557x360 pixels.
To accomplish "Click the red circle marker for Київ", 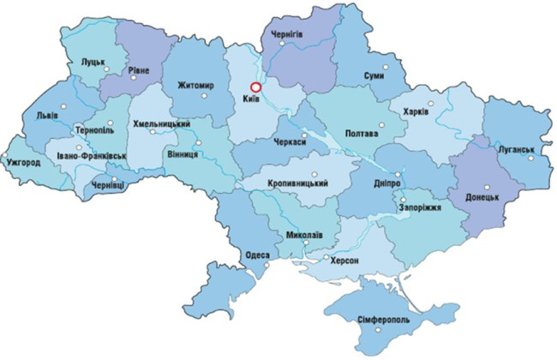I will point(255,87).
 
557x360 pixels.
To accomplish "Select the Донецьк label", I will point(482,198).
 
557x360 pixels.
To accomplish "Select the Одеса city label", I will point(256,255).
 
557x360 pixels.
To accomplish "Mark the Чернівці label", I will point(107,185).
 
